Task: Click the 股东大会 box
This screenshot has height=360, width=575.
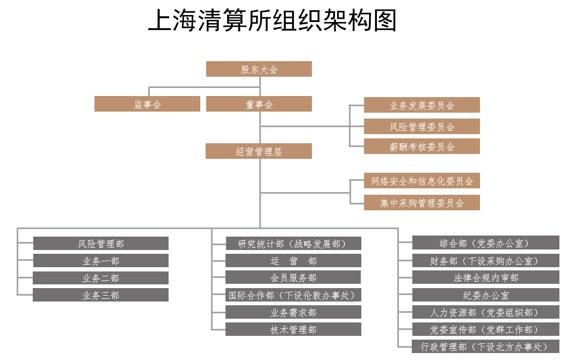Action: (x=259, y=69)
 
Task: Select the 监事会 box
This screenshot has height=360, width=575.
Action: (x=148, y=104)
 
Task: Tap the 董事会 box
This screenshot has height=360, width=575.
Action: (x=259, y=104)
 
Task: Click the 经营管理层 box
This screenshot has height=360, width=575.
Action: (x=259, y=151)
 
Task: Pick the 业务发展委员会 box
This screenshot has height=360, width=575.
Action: (x=421, y=105)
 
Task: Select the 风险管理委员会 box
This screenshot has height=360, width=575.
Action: (x=421, y=126)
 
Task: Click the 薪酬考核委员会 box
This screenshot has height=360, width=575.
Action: (x=421, y=146)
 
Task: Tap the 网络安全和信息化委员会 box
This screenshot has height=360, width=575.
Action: (x=421, y=180)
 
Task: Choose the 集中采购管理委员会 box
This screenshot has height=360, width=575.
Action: (x=421, y=202)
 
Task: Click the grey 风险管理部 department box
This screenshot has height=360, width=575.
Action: (x=101, y=243)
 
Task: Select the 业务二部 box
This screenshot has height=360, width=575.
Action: (x=101, y=278)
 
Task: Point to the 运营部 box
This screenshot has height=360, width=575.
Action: (x=293, y=260)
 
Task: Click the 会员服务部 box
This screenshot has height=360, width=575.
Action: (x=293, y=277)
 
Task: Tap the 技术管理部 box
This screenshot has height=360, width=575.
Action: (x=293, y=329)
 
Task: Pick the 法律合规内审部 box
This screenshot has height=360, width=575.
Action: (x=486, y=277)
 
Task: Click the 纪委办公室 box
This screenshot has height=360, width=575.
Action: (x=486, y=295)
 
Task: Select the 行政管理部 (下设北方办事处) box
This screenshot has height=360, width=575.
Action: (x=486, y=346)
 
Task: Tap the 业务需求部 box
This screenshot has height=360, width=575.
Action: (x=293, y=312)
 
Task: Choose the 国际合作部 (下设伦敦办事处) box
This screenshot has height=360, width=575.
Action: (x=293, y=295)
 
